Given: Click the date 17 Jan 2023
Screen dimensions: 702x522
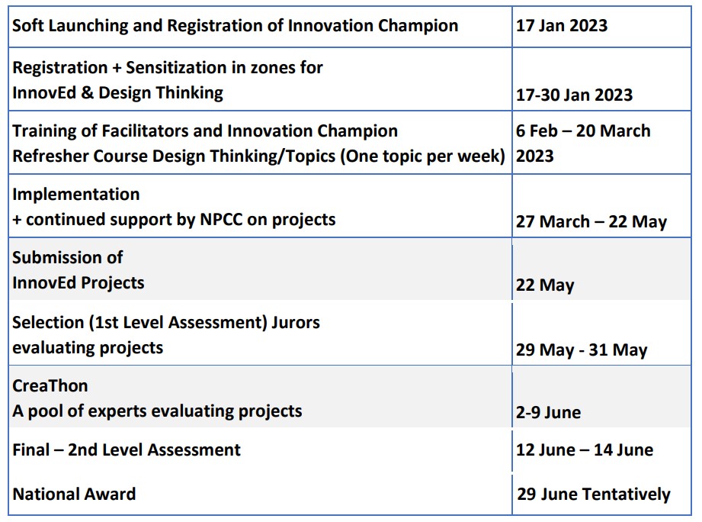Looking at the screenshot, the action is [x=562, y=25].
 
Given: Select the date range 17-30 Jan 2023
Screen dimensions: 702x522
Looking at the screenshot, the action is [x=574, y=95].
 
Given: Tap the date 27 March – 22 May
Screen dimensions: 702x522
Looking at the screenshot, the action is [x=591, y=222].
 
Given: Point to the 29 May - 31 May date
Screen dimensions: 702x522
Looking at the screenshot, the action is [x=582, y=350].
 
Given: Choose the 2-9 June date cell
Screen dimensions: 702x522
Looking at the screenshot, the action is [x=548, y=412].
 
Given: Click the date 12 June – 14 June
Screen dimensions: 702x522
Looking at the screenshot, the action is [x=585, y=449].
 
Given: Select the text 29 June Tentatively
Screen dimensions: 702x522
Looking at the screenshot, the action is [x=594, y=495].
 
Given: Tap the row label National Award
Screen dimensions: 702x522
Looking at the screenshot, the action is [x=74, y=494].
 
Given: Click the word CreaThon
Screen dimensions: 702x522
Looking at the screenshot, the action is [x=50, y=386].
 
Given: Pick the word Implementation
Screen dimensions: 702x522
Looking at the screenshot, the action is [x=76, y=195].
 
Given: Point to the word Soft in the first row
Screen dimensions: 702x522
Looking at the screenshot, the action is [x=28, y=25].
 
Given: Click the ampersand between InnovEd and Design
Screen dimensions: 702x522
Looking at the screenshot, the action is [x=88, y=93].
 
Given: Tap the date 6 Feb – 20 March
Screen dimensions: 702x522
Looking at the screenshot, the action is [x=583, y=130].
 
